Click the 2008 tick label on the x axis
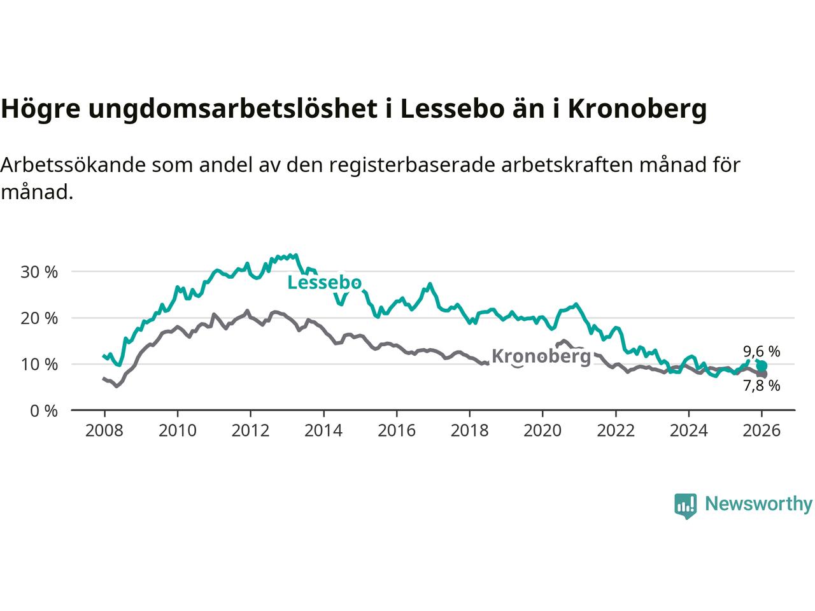click(x=104, y=431)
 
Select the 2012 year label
click(x=250, y=431)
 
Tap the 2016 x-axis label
click(x=396, y=431)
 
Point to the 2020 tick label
click(x=542, y=431)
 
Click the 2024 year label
click(x=689, y=431)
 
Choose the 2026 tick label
click(x=762, y=431)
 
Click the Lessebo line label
click(x=324, y=283)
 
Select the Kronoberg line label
click(x=541, y=356)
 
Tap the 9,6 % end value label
click(x=762, y=351)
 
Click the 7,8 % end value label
click(x=762, y=386)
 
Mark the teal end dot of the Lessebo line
click(x=762, y=365)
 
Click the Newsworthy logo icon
click(x=685, y=505)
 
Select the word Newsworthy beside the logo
click(x=758, y=504)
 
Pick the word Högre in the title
click(x=40, y=109)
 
